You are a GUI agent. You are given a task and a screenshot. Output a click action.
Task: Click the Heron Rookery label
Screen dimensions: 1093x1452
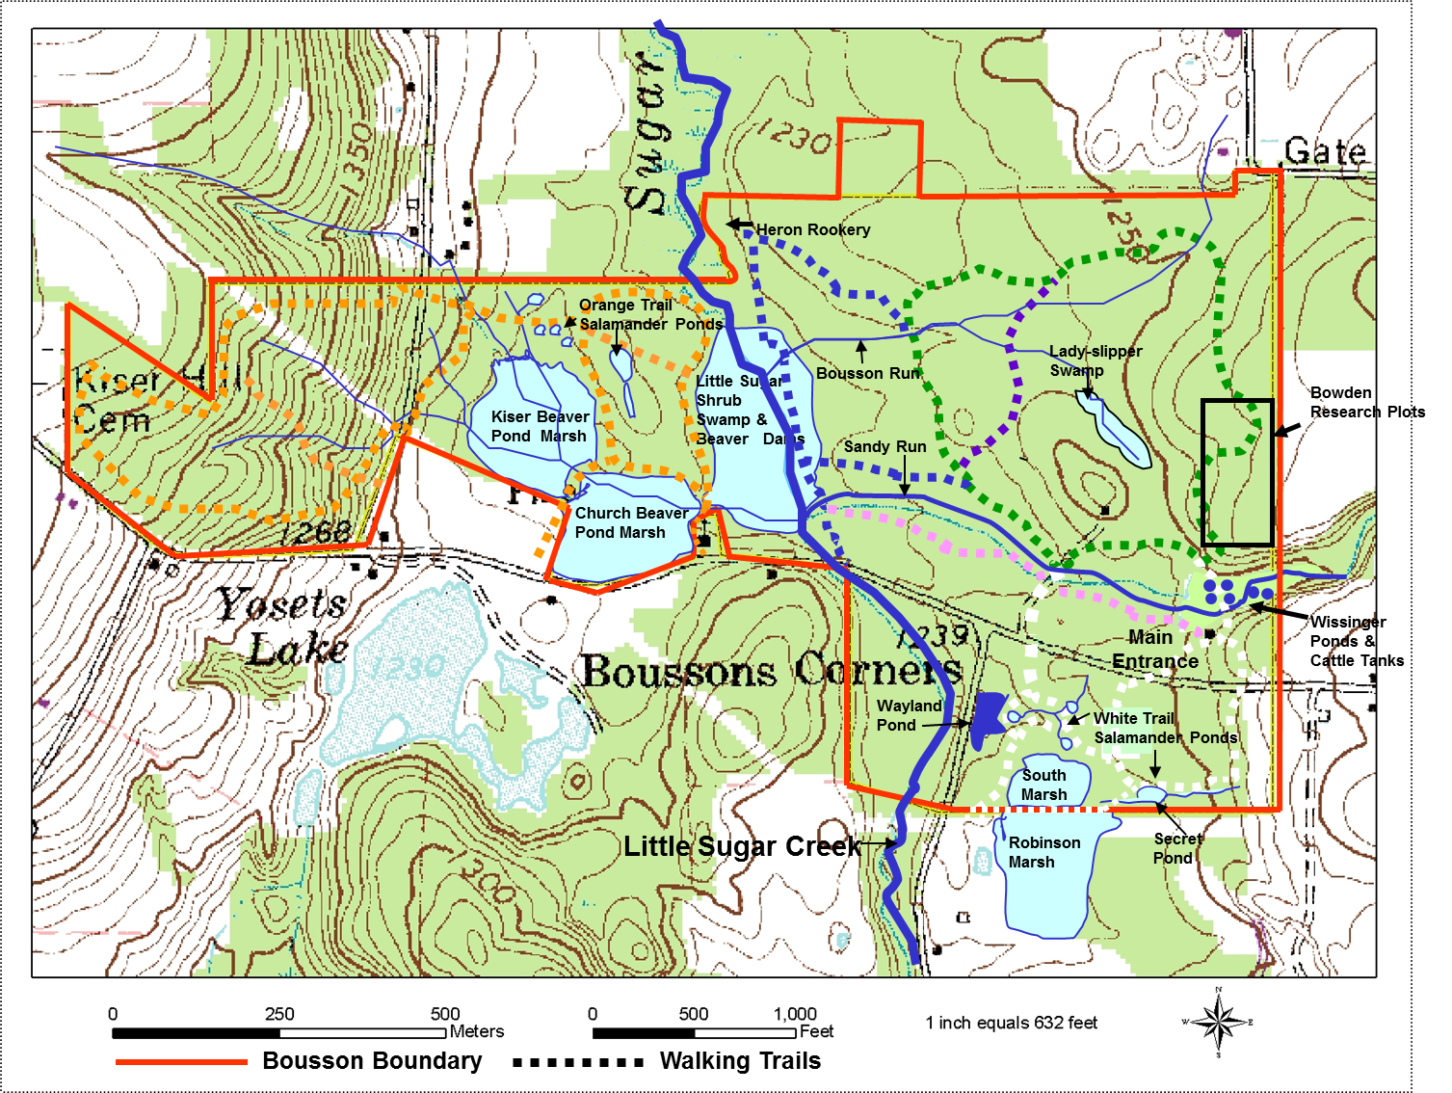pyautogui.click(x=812, y=229)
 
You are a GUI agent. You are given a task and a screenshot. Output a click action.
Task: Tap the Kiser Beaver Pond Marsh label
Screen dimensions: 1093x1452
pyautogui.click(x=540, y=426)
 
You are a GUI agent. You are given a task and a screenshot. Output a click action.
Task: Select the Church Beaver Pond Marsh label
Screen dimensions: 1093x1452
pyautogui.click(x=630, y=522)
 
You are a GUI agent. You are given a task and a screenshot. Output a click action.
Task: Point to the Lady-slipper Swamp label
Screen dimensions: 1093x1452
pyautogui.click(x=1095, y=360)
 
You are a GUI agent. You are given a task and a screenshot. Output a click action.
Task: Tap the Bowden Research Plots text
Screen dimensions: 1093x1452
pyautogui.click(x=1366, y=403)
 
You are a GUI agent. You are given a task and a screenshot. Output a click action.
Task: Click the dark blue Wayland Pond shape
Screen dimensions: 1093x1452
pyautogui.click(x=988, y=718)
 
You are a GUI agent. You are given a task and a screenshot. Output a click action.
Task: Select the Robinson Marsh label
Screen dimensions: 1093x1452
pyautogui.click(x=1043, y=852)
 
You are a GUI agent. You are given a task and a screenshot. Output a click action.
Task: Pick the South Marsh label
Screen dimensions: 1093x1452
pyautogui.click(x=1044, y=785)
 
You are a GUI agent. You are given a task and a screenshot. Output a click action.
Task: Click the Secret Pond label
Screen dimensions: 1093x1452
pyautogui.click(x=1176, y=848)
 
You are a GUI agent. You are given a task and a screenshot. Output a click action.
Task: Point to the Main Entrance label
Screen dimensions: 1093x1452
pyautogui.click(x=1154, y=650)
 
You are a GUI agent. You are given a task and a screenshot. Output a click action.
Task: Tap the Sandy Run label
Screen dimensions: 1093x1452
pyautogui.click(x=884, y=446)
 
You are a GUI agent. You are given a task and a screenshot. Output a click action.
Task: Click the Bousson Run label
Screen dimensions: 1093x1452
pyautogui.click(x=868, y=373)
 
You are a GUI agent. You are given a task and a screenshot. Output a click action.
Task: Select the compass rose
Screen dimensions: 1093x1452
pyautogui.click(x=1218, y=1022)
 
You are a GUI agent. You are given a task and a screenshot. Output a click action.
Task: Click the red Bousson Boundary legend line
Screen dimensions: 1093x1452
pyautogui.click(x=181, y=1062)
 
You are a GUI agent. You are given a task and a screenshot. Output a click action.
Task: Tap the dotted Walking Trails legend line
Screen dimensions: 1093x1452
pyautogui.click(x=578, y=1062)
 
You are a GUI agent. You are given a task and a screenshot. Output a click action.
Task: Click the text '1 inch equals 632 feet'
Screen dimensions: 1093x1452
pyautogui.click(x=1011, y=1023)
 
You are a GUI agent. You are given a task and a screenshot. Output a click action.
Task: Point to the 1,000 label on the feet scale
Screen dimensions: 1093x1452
pyautogui.click(x=795, y=1014)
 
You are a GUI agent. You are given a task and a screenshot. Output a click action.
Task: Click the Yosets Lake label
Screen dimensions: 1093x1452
pyautogui.click(x=284, y=626)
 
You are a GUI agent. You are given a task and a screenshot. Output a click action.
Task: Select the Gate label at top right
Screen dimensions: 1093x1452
pyautogui.click(x=1325, y=151)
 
